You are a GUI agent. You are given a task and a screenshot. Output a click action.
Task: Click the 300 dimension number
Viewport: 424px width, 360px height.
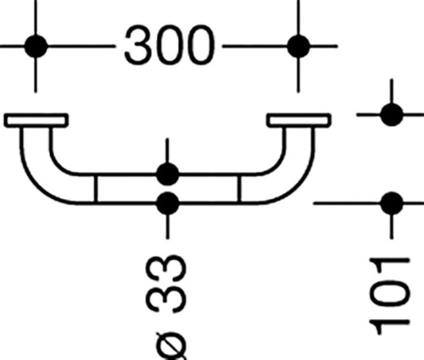(169, 45)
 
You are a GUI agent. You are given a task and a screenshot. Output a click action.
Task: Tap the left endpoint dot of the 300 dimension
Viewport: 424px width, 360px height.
(36, 46)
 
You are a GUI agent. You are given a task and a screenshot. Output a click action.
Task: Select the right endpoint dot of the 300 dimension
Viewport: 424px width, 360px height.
(298, 46)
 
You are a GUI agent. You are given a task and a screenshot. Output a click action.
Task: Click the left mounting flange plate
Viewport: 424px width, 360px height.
(36, 120)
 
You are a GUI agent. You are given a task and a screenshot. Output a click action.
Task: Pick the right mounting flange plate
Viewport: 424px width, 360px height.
(298, 120)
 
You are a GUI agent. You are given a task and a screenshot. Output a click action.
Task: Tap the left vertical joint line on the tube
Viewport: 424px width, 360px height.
(96, 189)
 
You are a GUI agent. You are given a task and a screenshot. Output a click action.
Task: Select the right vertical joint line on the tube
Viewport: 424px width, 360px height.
(240, 189)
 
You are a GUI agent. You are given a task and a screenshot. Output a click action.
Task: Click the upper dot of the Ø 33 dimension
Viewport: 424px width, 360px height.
(168, 174)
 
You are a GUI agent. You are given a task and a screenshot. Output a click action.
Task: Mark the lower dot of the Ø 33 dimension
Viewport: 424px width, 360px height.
(168, 203)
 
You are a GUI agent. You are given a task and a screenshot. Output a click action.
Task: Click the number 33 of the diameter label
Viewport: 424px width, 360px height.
(166, 285)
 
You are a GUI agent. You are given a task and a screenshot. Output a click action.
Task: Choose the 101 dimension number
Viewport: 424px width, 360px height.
(389, 296)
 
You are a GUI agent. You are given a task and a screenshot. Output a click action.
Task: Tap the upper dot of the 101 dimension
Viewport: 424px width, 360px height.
(392, 114)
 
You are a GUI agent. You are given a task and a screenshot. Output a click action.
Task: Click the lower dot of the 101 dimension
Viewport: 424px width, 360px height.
(392, 203)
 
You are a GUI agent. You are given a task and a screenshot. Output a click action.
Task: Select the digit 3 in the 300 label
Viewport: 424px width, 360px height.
(137, 45)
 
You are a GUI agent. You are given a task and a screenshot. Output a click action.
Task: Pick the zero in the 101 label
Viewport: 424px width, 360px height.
(390, 296)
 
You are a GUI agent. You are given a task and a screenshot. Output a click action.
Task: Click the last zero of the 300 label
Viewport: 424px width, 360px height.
(200, 45)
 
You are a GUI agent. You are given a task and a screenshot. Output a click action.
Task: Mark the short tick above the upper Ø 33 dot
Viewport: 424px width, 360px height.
(167, 151)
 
